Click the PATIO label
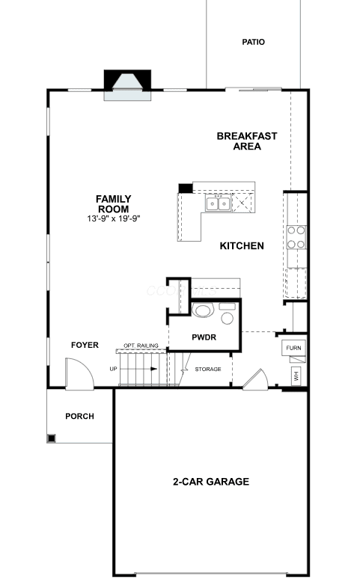pos(253,42)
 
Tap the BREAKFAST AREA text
pos(247,141)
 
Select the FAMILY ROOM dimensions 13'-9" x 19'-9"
pos(114,218)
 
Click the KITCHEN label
pos(242,246)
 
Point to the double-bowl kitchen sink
pos(219,203)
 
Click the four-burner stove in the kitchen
pos(296,237)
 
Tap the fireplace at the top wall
pos(127,85)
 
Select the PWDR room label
pos(204,337)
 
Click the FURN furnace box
pos(294,348)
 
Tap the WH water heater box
pos(296,376)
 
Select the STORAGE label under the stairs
pos(208,370)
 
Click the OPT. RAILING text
pos(141,346)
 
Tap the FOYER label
pos(85,346)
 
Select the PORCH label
pos(79,417)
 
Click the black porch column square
pos(52,438)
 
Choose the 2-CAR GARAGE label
pos(211,482)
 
